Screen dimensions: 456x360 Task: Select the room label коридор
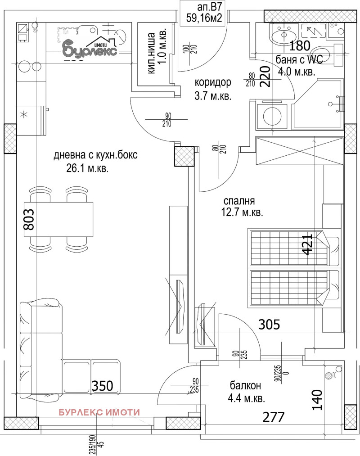coord(213,83)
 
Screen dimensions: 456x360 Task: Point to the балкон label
coord(245,386)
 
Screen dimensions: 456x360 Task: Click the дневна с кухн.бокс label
coord(95,155)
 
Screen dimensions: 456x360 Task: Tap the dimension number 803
coord(28,219)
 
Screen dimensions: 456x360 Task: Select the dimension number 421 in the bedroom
coord(307,244)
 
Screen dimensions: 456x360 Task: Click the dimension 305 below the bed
coord(269,324)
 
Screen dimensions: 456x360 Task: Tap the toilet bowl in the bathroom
coord(323,54)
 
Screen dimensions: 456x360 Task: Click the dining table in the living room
coord(61,219)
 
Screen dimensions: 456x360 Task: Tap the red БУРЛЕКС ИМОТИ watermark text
coord(100,412)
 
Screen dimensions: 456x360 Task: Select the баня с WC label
coord(301,60)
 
